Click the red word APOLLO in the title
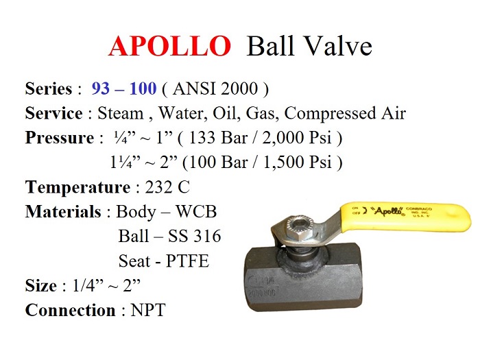click(169, 46)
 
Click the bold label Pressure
click(58, 138)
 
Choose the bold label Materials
click(63, 211)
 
